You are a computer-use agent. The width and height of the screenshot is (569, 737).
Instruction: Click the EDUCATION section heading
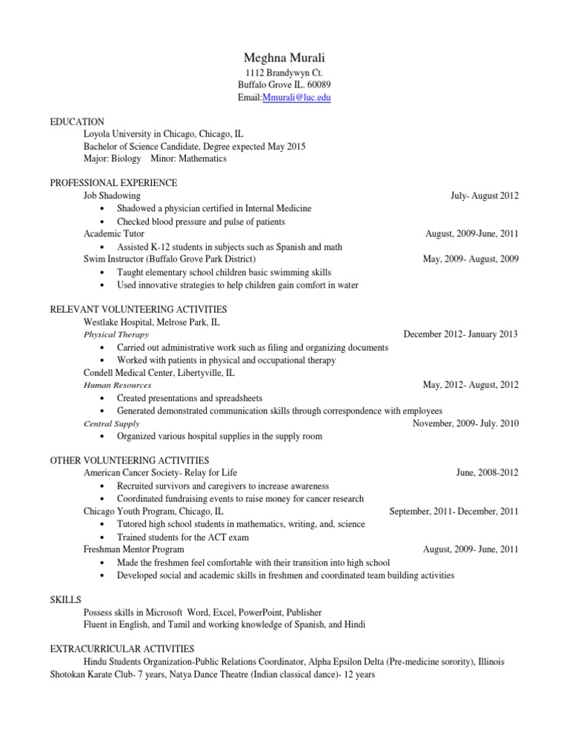pyautogui.click(x=77, y=122)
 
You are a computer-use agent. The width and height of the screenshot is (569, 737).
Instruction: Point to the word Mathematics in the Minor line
pyautogui.click(x=201, y=158)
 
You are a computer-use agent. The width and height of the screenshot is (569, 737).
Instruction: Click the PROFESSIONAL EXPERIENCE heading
pyautogui.click(x=113, y=182)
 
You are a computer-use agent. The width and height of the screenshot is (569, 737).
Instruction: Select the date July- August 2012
pyautogui.click(x=485, y=196)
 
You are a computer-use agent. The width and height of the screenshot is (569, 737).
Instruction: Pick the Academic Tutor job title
pyautogui.click(x=114, y=234)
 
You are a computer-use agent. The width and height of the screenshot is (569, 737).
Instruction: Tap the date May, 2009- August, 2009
pyautogui.click(x=465, y=259)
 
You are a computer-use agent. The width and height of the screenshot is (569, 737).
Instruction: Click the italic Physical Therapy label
pyautogui.click(x=116, y=335)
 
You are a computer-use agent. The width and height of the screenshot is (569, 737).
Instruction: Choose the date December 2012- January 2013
pyautogui.click(x=460, y=334)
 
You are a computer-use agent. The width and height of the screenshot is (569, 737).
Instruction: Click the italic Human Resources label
pyautogui.click(x=118, y=386)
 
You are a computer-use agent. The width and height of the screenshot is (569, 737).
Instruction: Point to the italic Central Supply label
pyautogui.click(x=111, y=424)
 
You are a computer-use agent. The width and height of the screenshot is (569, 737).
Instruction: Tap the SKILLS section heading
pyautogui.click(x=65, y=600)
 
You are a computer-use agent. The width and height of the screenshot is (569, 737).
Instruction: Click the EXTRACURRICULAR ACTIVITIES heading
pyautogui.click(x=122, y=649)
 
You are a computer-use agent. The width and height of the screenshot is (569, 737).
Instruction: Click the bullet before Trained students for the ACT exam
pyautogui.click(x=100, y=537)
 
